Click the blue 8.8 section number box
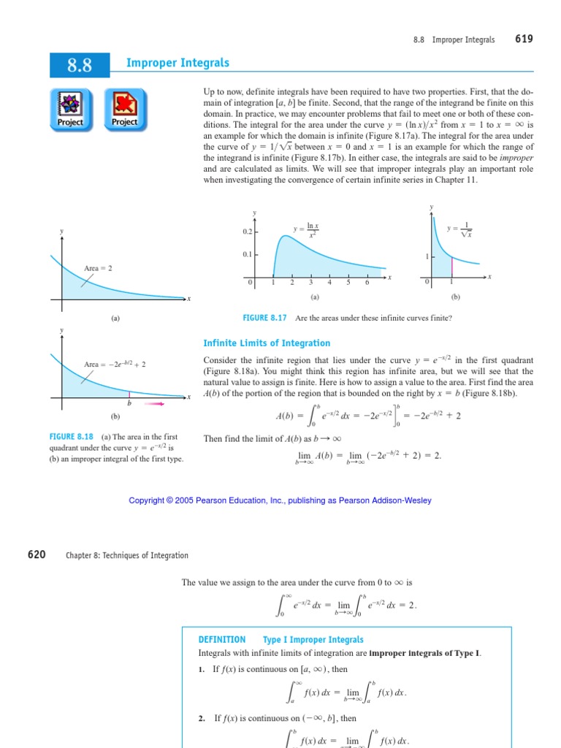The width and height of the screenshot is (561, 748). coord(79,66)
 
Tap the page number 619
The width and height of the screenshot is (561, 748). coord(524,39)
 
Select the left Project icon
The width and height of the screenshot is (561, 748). coord(71,109)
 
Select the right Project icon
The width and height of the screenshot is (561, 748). coord(125,109)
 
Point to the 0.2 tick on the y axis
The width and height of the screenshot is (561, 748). coord(247,232)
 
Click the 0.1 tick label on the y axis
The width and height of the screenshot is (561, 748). coord(247,255)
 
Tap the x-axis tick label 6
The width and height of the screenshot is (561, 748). coord(367,283)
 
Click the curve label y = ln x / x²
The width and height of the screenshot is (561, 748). coord(307,230)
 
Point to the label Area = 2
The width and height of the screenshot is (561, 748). coord(98,268)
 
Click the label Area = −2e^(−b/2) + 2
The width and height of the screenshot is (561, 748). coord(119,364)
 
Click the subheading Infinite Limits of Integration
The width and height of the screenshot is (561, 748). coord(266,343)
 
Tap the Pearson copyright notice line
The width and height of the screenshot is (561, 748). coord(280,500)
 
